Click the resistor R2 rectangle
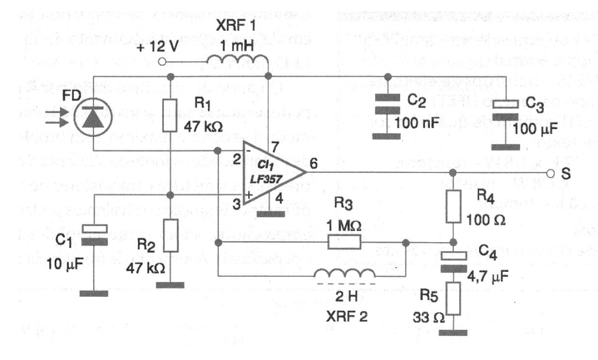(171, 236)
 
